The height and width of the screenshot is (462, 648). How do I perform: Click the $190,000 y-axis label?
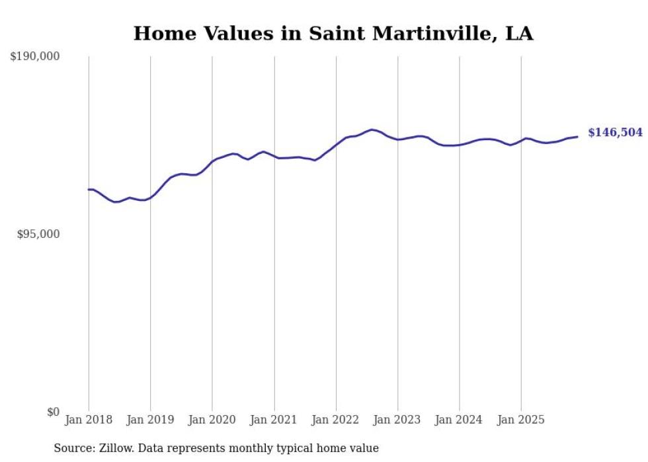click(34, 57)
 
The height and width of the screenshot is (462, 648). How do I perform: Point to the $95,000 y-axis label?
click(38, 234)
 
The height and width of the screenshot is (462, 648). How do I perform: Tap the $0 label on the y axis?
click(53, 412)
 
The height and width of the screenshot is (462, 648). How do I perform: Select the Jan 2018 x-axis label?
click(89, 420)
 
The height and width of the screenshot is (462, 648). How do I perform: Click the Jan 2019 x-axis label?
click(150, 420)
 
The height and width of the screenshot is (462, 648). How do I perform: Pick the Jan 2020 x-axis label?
click(212, 420)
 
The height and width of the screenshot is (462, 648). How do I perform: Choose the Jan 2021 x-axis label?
click(274, 420)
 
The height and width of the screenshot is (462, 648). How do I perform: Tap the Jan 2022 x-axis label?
click(336, 420)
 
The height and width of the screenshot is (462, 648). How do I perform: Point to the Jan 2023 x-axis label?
click(397, 420)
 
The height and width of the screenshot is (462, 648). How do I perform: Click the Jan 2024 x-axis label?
click(460, 420)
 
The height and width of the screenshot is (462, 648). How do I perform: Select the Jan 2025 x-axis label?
click(521, 420)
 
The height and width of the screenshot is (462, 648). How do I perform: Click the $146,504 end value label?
click(615, 133)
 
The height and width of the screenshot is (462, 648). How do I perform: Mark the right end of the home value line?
click(577, 137)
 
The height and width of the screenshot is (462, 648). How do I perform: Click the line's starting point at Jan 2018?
click(89, 190)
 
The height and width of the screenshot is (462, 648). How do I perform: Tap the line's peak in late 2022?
click(372, 130)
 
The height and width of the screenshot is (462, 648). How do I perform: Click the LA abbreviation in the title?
click(519, 34)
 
